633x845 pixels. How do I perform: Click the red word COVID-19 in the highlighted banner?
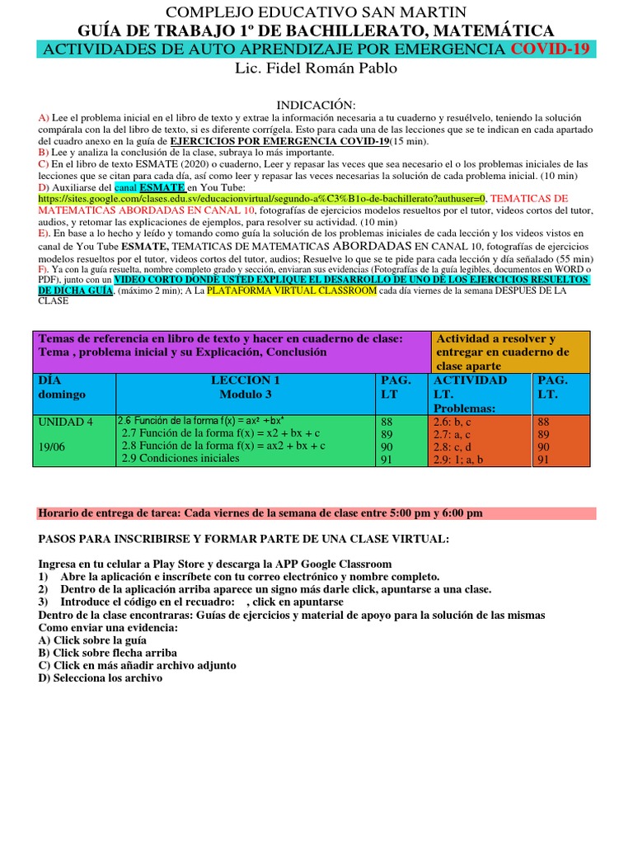[x=550, y=50]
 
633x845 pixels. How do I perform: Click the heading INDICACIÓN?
[x=316, y=105]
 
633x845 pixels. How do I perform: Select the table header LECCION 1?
[x=245, y=380]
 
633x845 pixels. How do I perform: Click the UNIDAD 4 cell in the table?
[x=66, y=422]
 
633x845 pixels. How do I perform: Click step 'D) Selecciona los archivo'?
[x=101, y=677]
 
